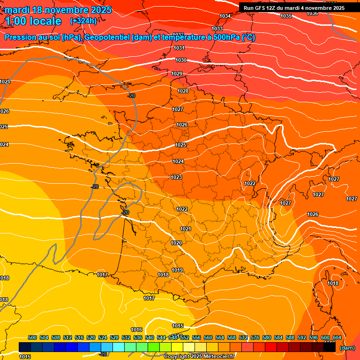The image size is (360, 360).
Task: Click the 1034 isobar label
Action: pyautogui.click(x=225, y=16)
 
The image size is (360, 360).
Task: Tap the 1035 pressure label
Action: pyautogui.click(x=286, y=16)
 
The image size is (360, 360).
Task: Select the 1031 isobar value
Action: pyautogui.click(x=179, y=48)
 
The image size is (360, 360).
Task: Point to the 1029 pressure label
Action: pyautogui.click(x=177, y=74)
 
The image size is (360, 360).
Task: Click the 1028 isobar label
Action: pyautogui.click(x=183, y=91)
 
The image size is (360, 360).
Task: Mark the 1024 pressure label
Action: pyautogui.click(x=178, y=161)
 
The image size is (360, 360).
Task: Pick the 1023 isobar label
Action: pyautogui.click(x=176, y=177)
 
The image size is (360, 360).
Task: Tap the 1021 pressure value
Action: pyautogui.click(x=186, y=229)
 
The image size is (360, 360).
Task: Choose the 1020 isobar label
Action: pyautogui.click(x=176, y=243)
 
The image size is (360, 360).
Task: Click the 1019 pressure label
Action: pyautogui.click(x=177, y=270)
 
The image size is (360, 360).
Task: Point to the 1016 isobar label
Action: pyautogui.click(x=137, y=330)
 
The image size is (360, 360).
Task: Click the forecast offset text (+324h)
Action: pyautogui.click(x=83, y=21)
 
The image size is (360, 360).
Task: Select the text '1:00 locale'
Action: pyautogui.click(x=34, y=21)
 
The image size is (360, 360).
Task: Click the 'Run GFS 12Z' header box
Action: pyautogui.click(x=294, y=7)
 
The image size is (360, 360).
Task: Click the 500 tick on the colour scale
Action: pyautogui.click(x=32, y=337)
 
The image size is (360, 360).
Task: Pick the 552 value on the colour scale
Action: pyautogui.click(x=185, y=337)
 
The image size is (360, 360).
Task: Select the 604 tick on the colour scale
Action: pyautogui.click(x=337, y=337)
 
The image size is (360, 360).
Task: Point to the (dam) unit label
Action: pyautogui.click(x=347, y=348)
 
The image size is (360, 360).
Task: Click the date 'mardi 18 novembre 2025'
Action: pyautogui.click(x=58, y=10)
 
